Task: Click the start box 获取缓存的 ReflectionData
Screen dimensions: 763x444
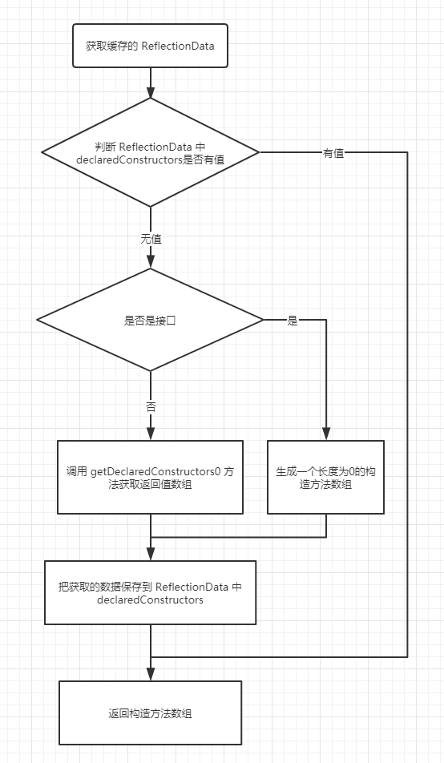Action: point(150,46)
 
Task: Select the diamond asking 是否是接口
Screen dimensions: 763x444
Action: point(150,320)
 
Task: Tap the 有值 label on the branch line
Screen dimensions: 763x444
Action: point(333,153)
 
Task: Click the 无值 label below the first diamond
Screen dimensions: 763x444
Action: point(151,239)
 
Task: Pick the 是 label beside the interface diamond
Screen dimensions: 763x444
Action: point(293,321)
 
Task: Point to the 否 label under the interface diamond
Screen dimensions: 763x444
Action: point(151,407)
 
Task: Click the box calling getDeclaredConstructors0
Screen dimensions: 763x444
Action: point(150,477)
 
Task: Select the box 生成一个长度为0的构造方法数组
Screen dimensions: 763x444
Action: point(325,477)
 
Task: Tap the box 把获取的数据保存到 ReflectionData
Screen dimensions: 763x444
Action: point(150,592)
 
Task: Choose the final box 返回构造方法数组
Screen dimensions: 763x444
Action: point(150,713)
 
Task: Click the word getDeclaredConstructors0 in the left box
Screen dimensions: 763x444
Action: point(152,470)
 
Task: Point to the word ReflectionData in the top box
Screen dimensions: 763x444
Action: point(178,46)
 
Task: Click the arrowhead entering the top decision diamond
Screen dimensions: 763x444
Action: point(150,91)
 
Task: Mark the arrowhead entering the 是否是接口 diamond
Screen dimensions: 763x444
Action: point(150,261)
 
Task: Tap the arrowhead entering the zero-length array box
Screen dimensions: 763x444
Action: point(325,434)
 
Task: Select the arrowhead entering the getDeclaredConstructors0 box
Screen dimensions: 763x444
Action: point(150,434)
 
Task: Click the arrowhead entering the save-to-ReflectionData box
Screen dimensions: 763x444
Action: point(150,554)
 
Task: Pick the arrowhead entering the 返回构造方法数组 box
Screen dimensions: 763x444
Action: point(150,674)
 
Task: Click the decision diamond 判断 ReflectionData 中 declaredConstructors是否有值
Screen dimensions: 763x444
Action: point(150,152)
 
